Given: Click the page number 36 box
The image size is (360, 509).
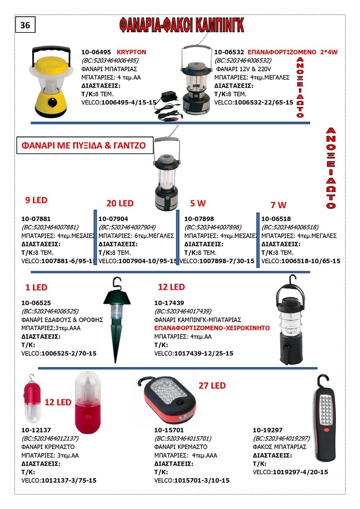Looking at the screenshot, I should (25, 25).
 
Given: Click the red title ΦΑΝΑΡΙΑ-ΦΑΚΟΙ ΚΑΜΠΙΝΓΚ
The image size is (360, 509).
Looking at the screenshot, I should (181, 25).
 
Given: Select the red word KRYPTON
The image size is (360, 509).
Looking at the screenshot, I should (131, 52).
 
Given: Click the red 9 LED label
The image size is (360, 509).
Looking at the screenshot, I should (36, 200).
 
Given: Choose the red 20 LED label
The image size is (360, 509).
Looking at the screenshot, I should (120, 203).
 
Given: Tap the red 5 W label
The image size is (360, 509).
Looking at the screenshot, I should (198, 203).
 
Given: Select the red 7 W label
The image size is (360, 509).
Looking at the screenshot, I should (278, 205).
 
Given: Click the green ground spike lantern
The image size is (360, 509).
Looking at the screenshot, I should (116, 316).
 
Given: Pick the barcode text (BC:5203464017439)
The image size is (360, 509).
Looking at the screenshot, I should (183, 311).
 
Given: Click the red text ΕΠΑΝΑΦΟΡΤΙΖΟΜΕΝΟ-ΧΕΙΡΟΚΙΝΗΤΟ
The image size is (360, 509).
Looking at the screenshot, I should (212, 328).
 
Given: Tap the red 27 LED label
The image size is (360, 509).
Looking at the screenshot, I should (212, 386).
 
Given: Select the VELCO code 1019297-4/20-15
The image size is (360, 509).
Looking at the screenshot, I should (300, 472).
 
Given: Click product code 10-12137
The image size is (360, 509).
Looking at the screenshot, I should (36, 430).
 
